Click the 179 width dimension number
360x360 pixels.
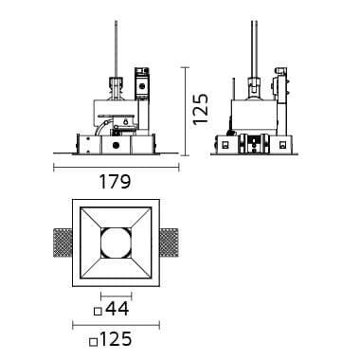click(x=115, y=182)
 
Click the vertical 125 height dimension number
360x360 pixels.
click(x=201, y=109)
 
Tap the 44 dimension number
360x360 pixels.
click(x=117, y=309)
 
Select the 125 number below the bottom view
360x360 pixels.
click(x=115, y=339)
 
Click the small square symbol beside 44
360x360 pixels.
click(x=99, y=312)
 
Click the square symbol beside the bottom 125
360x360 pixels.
click(x=93, y=342)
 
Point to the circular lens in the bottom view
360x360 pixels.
click(x=116, y=243)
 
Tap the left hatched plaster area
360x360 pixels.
click(x=63, y=243)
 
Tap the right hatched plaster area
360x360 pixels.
click(x=169, y=243)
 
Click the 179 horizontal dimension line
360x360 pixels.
click(x=117, y=168)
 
